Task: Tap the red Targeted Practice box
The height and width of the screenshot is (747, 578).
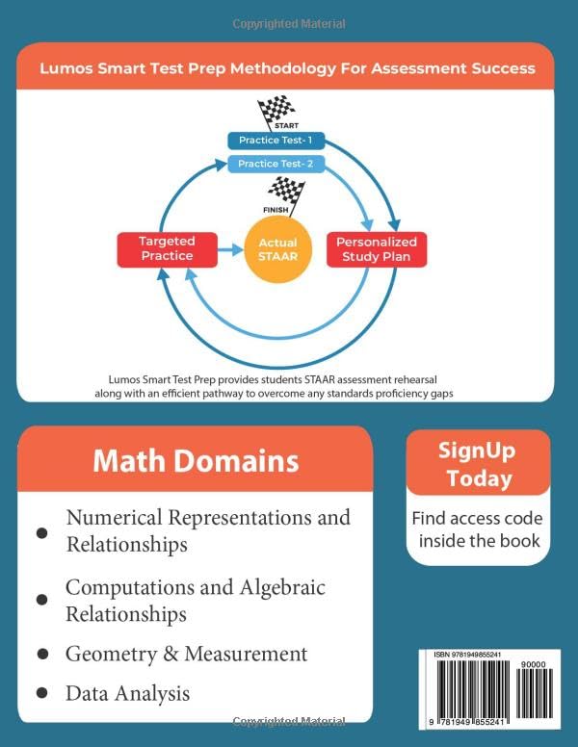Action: click(167, 249)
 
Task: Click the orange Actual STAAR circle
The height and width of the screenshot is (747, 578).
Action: click(277, 249)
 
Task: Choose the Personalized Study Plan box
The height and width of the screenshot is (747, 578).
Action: click(377, 249)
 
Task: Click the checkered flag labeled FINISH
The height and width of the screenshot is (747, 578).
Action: click(285, 192)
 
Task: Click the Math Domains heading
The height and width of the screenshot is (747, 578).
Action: click(196, 460)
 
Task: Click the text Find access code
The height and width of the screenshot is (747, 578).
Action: click(477, 518)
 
